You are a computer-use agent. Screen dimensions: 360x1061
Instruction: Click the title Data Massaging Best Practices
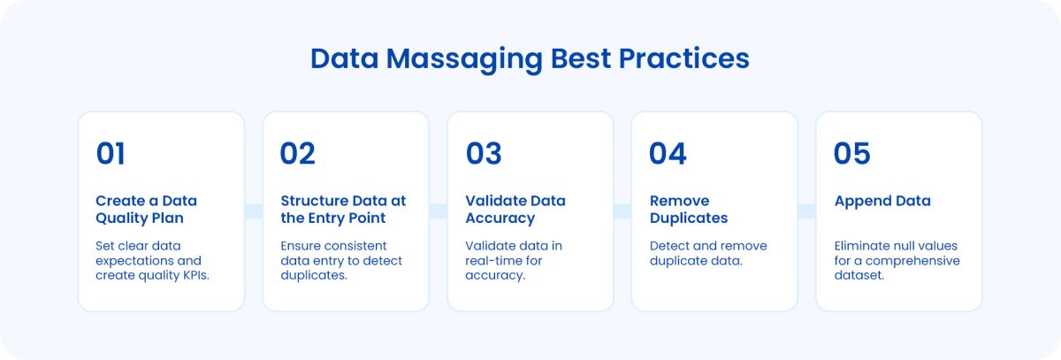(530, 58)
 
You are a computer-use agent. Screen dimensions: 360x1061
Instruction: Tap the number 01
(111, 154)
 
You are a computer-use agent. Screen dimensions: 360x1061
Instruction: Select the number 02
(297, 154)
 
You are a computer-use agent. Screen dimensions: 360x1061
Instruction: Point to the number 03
(484, 154)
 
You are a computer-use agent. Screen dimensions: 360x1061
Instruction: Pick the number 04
(668, 154)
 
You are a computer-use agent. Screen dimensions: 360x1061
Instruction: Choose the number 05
(851, 154)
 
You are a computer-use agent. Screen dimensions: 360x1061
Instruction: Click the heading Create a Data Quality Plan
(146, 210)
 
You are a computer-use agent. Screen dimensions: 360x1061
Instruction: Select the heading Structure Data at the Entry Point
(343, 210)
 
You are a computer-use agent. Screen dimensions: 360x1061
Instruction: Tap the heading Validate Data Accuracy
(515, 210)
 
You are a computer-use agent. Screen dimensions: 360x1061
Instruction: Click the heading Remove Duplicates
(688, 210)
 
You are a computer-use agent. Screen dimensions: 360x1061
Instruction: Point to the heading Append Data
(882, 201)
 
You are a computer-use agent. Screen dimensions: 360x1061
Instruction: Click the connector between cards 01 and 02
(254, 211)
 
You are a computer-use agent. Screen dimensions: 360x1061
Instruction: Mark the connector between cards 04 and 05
(806, 211)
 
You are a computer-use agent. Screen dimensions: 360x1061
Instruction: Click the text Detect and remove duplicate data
(708, 253)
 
